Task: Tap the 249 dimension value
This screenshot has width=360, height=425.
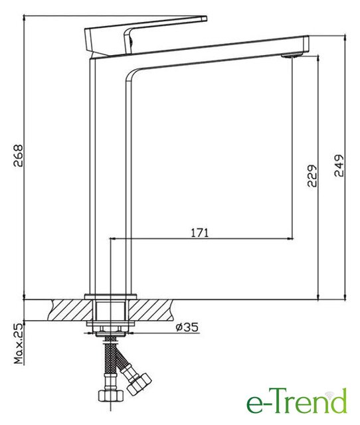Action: (x=339, y=165)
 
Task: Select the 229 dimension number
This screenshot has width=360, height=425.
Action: (x=312, y=175)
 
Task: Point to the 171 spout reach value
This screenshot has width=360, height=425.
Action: (x=200, y=233)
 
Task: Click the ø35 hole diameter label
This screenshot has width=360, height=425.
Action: (x=187, y=327)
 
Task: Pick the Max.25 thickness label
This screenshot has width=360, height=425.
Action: (x=19, y=343)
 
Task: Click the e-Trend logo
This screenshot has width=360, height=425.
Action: (x=296, y=402)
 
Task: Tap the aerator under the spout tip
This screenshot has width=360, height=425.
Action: (x=291, y=56)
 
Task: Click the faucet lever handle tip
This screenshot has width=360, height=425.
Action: (x=205, y=19)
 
